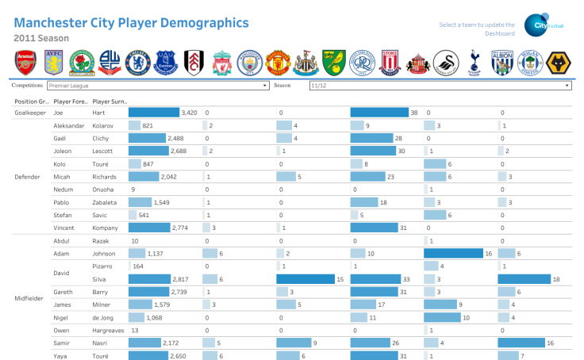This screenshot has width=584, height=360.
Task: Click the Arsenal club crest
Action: [x=26, y=62]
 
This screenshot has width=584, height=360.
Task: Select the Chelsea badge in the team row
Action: [x=140, y=62]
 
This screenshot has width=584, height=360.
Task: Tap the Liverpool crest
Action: [x=221, y=62]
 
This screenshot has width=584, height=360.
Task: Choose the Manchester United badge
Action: [x=276, y=62]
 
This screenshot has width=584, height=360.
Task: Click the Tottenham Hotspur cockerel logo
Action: [x=474, y=62]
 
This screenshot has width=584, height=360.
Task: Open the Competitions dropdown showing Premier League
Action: [x=158, y=86]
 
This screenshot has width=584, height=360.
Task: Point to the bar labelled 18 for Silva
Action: [x=524, y=279]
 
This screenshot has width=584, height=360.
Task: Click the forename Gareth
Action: [x=63, y=292]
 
